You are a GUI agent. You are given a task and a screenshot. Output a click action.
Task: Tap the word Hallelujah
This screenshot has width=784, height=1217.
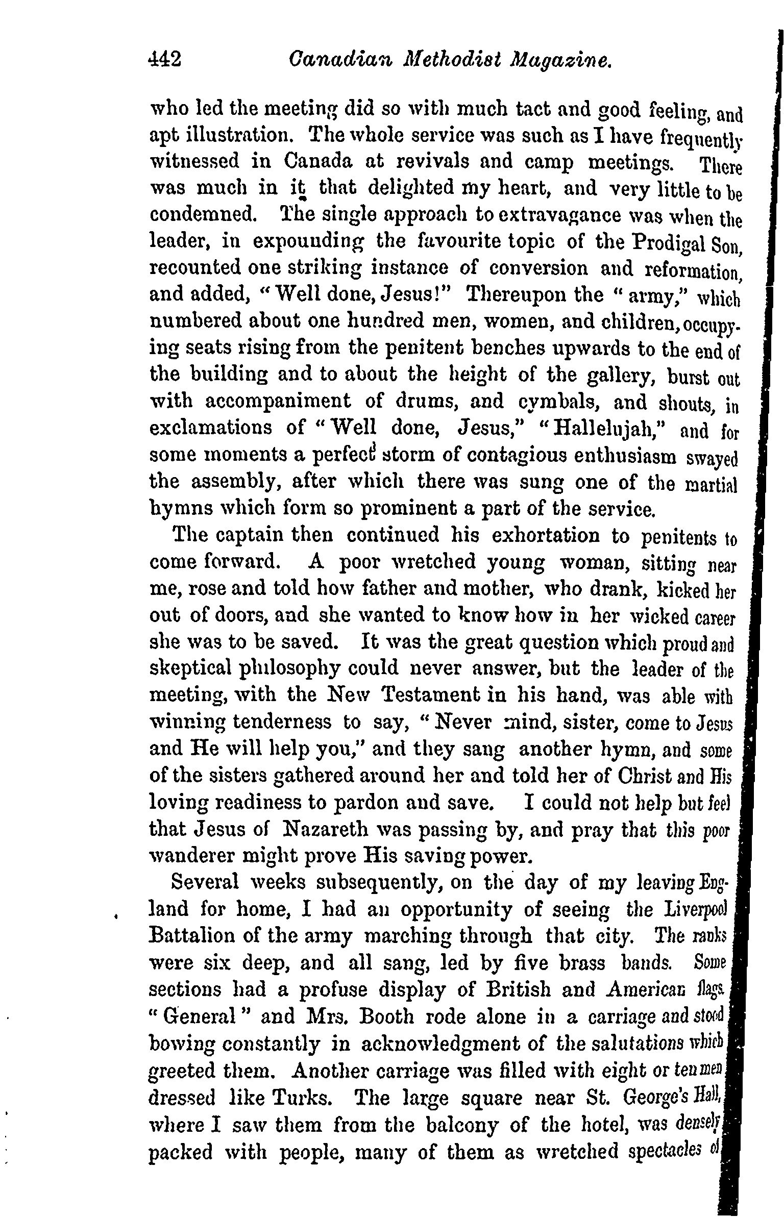pyautogui.click(x=606, y=428)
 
